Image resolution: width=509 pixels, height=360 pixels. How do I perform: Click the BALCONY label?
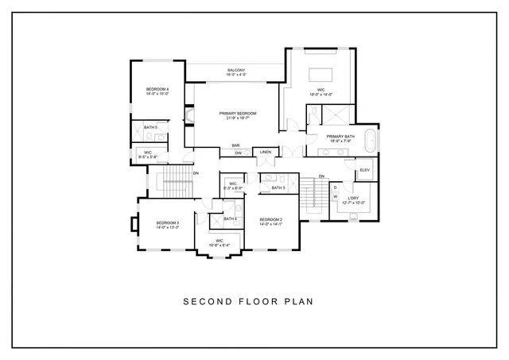tap(236, 69)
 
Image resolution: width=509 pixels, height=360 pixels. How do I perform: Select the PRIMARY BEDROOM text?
tap(236, 114)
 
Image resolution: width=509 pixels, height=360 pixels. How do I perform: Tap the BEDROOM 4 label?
tap(157, 88)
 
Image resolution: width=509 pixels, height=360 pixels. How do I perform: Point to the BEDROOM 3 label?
tap(167, 223)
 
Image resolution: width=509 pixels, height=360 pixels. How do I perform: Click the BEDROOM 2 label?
tap(271, 219)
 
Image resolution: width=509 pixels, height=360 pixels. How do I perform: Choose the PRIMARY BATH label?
tap(340, 137)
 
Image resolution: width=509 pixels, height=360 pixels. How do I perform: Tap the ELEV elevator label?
tap(365, 170)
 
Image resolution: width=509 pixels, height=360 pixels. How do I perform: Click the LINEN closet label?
tap(266, 152)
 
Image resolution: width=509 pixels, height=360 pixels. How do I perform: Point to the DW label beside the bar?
tap(238, 153)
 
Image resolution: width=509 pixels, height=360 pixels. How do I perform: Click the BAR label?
tap(236, 145)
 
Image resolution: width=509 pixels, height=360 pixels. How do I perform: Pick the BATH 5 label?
tap(150, 127)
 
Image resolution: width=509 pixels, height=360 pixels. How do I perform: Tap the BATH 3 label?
tap(278, 188)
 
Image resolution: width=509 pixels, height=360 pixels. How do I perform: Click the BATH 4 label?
tap(230, 219)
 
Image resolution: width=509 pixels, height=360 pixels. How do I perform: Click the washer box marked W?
tap(335, 195)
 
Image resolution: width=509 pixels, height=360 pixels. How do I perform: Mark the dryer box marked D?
tap(335, 188)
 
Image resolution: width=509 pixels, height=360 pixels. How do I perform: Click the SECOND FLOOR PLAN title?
tap(249, 301)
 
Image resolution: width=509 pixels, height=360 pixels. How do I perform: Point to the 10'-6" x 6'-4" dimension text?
tap(220, 245)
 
